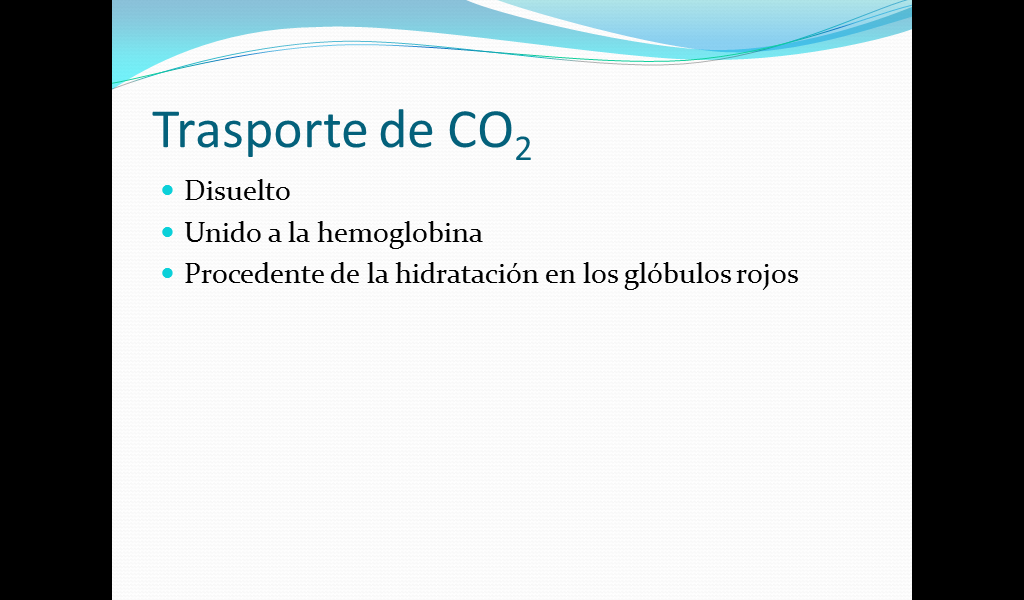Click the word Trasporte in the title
click(x=260, y=131)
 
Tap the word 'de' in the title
click(x=406, y=129)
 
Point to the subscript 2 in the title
click(x=522, y=148)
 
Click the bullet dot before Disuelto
click(x=168, y=190)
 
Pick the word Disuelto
click(x=237, y=191)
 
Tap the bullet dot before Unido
click(x=168, y=232)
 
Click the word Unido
click(x=223, y=232)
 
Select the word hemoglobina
click(x=400, y=234)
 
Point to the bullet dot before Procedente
click(x=168, y=273)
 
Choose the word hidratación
click(x=466, y=274)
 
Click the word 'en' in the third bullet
click(x=560, y=277)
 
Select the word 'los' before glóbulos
click(x=600, y=274)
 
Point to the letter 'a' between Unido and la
click(x=274, y=236)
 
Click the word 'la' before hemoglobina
click(x=298, y=232)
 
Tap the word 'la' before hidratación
click(x=377, y=274)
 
